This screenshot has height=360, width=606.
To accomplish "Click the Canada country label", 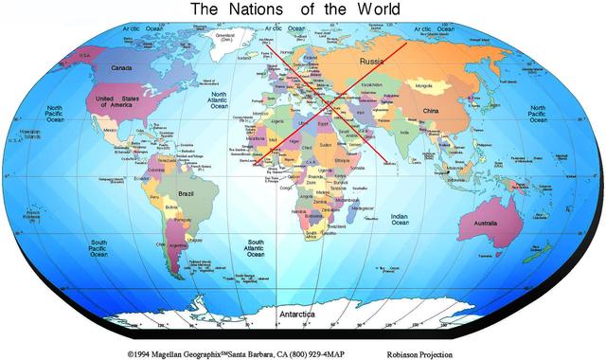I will [x=121, y=68].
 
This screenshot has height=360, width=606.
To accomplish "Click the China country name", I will [x=430, y=112].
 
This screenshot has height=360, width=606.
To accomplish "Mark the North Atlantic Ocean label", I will [x=219, y=100].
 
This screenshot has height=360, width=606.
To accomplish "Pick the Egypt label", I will [x=323, y=122].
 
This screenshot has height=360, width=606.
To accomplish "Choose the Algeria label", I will [x=278, y=121].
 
